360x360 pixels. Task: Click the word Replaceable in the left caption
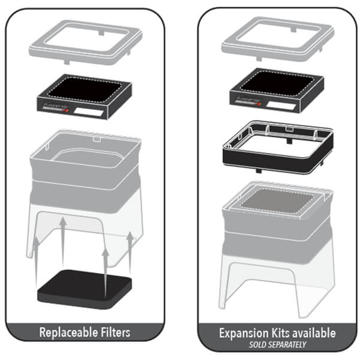click(67, 332)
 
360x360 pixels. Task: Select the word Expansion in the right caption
click(242, 332)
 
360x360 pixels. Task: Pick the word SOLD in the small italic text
click(257, 344)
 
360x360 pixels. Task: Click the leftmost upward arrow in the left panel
click(37, 258)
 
